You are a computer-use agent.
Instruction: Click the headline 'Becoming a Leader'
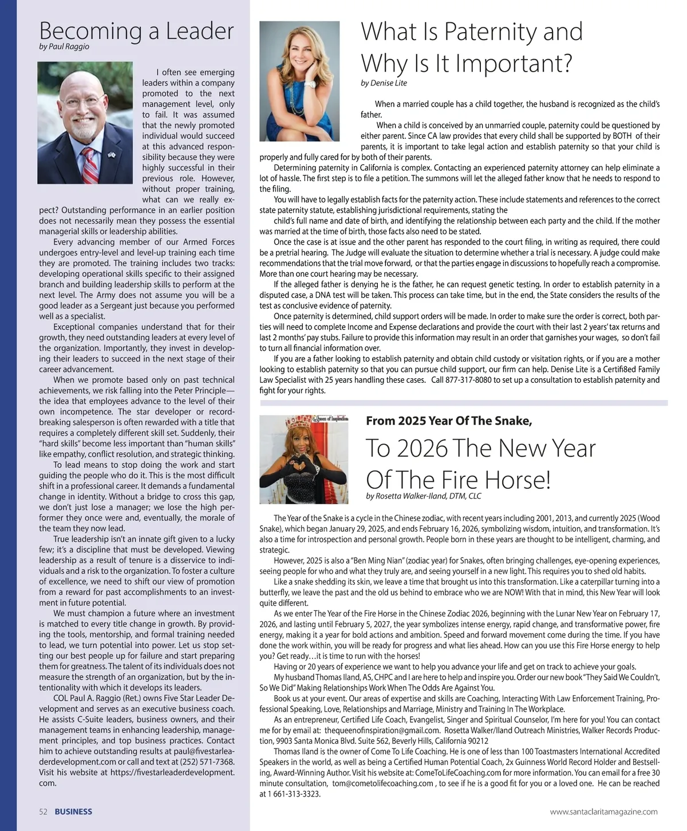(x=136, y=31)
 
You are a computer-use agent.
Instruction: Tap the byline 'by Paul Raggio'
(x=64, y=46)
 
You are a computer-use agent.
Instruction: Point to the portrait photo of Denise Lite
(x=299, y=81)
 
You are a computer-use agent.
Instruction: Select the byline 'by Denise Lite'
(x=384, y=83)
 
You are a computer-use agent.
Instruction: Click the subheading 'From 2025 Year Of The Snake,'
(x=449, y=421)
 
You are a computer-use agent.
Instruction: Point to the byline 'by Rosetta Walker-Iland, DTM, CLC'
(x=424, y=496)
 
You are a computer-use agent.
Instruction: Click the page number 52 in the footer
(x=43, y=812)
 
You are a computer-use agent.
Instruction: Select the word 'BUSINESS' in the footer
(x=73, y=812)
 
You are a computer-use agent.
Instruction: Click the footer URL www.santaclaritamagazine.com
(x=603, y=812)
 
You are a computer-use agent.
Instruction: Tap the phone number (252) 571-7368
(x=207, y=762)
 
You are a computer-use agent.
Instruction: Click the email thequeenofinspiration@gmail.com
(x=382, y=730)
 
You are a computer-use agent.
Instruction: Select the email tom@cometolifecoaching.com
(x=382, y=783)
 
